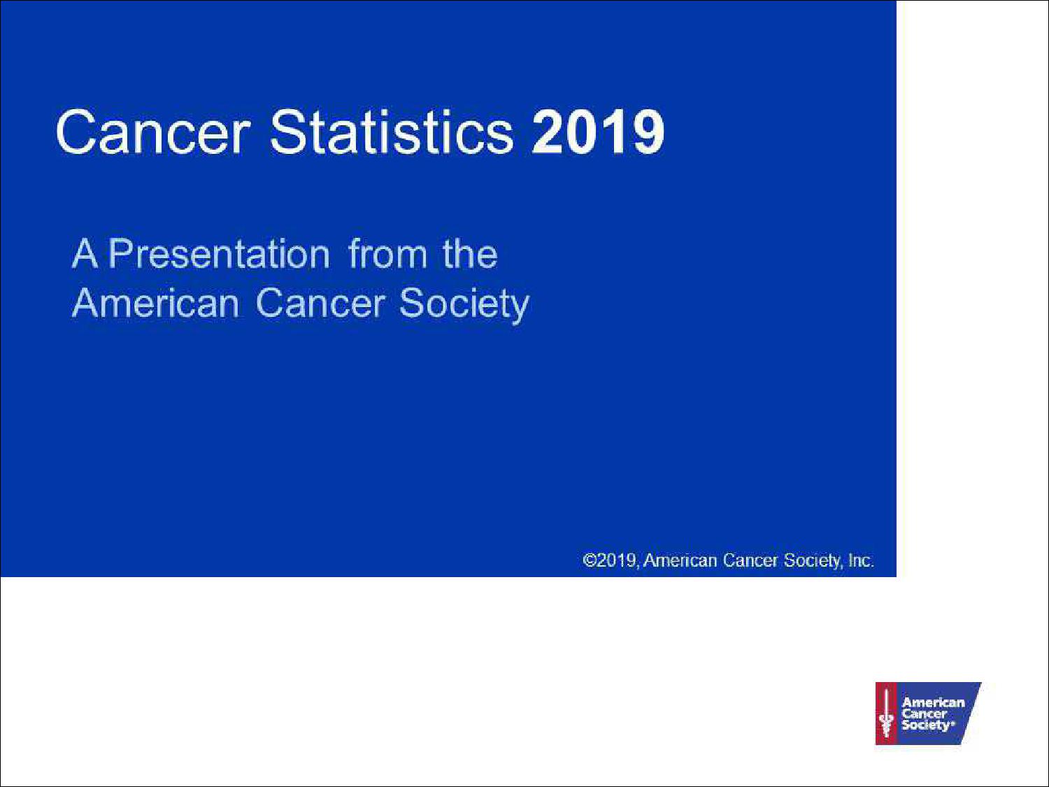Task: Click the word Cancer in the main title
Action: coord(153,132)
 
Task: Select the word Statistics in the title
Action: coord(392,132)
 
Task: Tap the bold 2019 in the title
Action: coord(598,132)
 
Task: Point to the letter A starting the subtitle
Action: coord(85,254)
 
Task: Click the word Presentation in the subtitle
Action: coord(220,254)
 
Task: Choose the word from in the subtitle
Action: coord(387,254)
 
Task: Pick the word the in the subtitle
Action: coord(470,254)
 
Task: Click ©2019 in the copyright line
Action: coord(610,560)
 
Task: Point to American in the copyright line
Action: coord(680,560)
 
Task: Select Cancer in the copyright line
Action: coord(750,560)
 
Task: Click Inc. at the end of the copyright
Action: coord(861,560)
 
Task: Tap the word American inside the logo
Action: coord(933,702)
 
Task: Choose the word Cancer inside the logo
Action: coord(925,714)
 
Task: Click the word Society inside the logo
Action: coord(927,725)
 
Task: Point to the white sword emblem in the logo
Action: coord(887,714)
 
